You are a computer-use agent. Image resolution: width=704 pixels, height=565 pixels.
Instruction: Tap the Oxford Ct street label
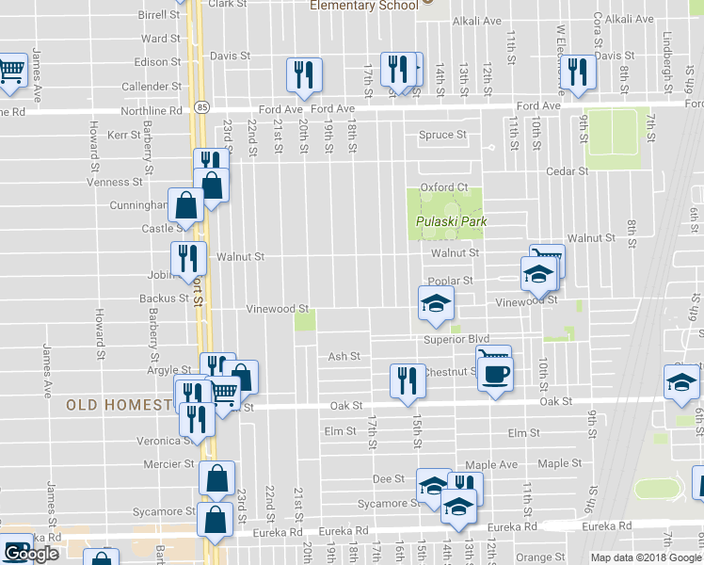[443, 187]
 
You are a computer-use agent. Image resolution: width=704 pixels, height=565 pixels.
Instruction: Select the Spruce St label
[442, 135]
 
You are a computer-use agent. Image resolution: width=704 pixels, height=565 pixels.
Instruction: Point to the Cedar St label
[568, 171]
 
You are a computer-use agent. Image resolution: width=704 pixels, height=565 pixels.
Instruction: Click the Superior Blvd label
[457, 339]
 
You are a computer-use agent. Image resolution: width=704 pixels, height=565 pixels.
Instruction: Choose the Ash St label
[344, 357]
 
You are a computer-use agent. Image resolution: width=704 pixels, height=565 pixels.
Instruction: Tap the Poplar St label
[449, 281]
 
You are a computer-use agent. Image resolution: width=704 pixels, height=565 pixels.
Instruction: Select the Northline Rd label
[152, 110]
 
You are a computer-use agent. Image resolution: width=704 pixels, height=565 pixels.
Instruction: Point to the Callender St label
[152, 86]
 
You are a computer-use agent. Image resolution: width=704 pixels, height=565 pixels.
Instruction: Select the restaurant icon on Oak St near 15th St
[406, 380]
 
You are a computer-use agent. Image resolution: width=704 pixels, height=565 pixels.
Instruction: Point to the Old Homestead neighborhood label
[118, 405]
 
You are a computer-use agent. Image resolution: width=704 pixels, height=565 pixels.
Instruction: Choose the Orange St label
[533, 557]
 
